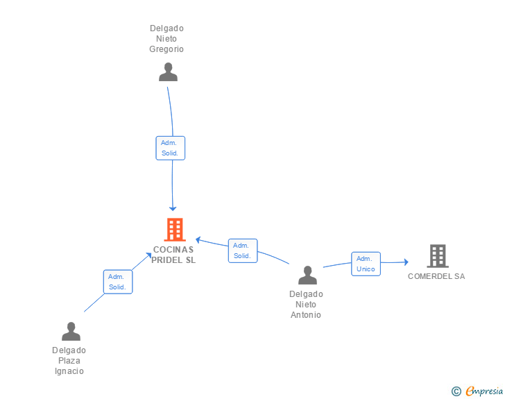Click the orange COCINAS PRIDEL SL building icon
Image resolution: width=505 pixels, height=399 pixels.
click(x=174, y=230)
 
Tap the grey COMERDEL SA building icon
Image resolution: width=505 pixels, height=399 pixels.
click(x=437, y=256)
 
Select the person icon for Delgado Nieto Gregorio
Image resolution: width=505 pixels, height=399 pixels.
click(x=168, y=72)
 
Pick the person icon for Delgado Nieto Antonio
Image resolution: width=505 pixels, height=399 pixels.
click(x=307, y=275)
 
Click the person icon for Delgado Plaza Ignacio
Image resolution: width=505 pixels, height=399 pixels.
click(x=71, y=332)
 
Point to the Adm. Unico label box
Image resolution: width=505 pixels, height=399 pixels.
click(x=366, y=264)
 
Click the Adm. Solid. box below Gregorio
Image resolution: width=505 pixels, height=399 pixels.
click(x=170, y=148)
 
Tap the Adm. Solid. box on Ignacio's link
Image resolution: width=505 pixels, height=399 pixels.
click(x=117, y=282)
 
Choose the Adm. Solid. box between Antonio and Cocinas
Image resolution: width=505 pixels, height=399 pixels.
click(x=242, y=251)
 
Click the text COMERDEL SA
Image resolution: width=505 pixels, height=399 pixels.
click(x=436, y=276)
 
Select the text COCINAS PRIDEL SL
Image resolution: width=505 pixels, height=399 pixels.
click(x=174, y=255)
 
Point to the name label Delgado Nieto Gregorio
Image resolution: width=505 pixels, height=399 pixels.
click(x=166, y=39)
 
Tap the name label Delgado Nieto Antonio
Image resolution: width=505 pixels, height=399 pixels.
click(x=306, y=304)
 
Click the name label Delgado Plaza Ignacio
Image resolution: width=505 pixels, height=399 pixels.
click(x=69, y=361)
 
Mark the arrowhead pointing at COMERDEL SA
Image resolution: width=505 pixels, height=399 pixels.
click(x=406, y=262)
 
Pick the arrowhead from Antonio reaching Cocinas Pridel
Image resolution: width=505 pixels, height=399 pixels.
click(x=198, y=240)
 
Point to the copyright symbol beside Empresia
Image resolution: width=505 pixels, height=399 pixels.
click(x=456, y=391)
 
